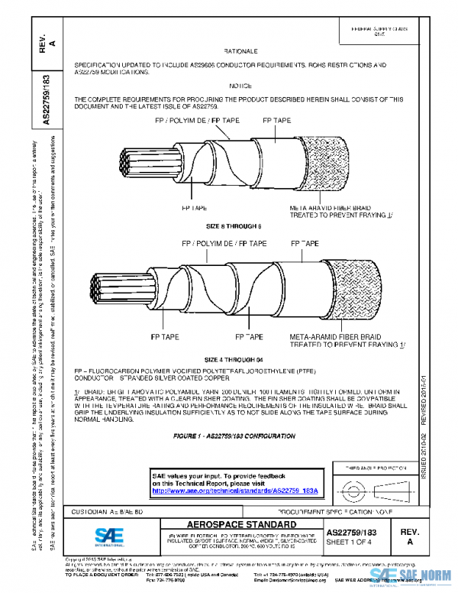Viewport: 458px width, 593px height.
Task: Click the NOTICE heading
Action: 240,86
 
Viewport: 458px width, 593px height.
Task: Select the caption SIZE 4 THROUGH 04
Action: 239,358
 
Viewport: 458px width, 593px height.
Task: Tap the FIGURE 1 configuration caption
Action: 234,435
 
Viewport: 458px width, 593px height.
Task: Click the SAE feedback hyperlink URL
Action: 235,490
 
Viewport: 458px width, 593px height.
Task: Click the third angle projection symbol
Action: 373,487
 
